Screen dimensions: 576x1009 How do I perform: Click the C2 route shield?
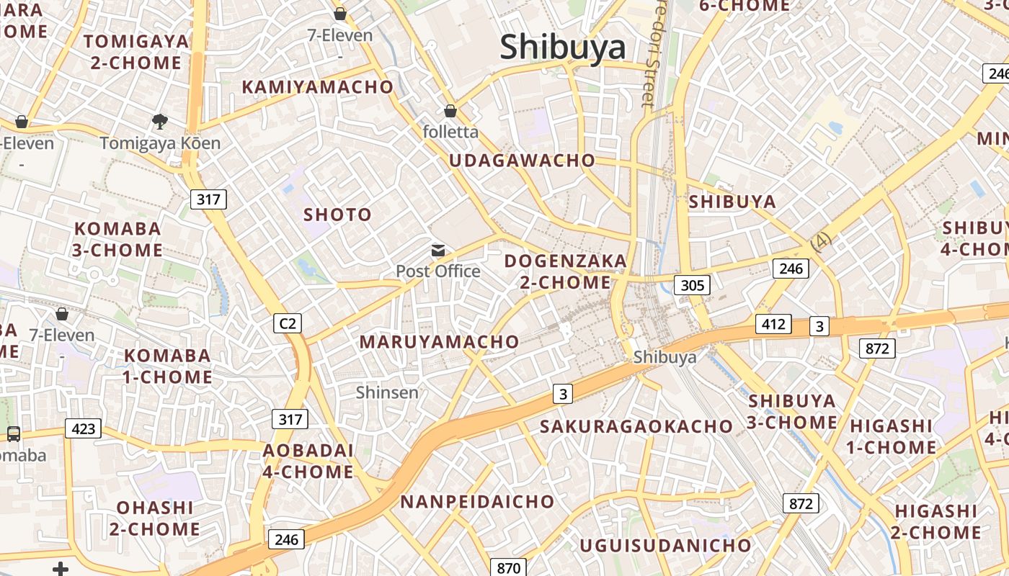coord(288,323)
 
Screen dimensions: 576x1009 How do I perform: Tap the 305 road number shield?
coord(692,285)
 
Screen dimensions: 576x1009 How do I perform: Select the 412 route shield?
coord(773,324)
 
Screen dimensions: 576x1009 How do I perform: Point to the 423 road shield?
coord(84,429)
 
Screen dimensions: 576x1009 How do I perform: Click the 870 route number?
coord(508,567)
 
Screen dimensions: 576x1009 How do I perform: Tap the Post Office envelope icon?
coord(437,251)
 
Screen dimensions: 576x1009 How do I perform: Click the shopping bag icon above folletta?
coord(450,111)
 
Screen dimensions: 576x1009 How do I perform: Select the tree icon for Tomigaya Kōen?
coord(160,122)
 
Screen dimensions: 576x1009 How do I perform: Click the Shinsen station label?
coord(387,392)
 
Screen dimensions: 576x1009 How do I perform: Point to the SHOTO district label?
coord(337,215)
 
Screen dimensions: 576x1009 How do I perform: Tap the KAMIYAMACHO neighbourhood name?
coord(318,87)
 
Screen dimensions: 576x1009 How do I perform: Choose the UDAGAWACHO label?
coord(523,161)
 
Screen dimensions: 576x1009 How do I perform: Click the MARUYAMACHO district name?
coord(439,342)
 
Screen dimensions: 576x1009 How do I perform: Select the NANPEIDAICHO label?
coord(478,501)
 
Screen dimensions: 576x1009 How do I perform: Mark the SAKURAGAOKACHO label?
coord(636,426)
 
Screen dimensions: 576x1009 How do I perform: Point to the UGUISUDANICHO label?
coord(666,545)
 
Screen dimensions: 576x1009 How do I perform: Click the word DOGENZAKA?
coord(566,261)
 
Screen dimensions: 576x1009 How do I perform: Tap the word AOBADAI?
coord(308,451)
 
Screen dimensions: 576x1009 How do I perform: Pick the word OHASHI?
coord(155,508)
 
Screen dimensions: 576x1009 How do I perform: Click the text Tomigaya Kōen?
coord(160,143)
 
